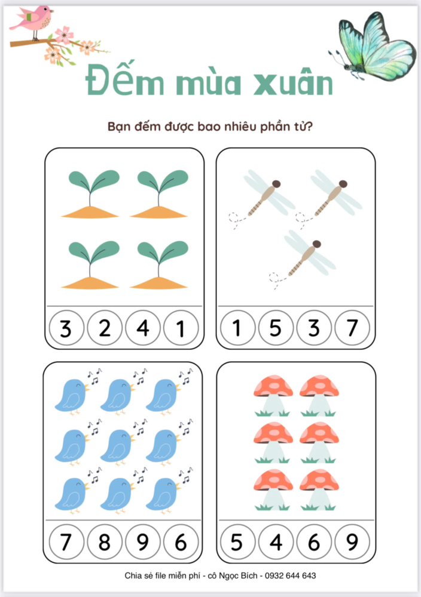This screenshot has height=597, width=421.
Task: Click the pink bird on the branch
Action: (32, 21)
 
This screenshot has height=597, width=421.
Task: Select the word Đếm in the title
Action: (125, 79)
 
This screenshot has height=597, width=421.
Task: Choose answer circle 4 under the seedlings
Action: (142, 328)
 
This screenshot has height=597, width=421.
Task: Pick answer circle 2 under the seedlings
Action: (105, 328)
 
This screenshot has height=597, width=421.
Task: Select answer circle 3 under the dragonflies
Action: (314, 328)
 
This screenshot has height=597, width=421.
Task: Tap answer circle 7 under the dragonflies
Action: (352, 328)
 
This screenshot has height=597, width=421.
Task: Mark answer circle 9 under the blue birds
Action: (142, 542)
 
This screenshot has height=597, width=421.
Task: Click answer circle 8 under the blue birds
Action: (105, 542)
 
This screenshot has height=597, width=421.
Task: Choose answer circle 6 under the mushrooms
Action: (314, 542)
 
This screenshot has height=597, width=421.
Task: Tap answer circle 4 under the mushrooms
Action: (276, 542)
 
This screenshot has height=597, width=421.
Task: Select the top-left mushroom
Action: (273, 396)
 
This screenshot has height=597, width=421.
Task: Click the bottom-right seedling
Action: (160, 265)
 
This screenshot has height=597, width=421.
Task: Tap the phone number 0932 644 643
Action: (290, 576)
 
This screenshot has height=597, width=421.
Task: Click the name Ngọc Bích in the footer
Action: (240, 576)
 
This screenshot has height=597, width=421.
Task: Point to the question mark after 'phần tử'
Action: (309, 126)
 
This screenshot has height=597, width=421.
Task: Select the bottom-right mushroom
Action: (319, 490)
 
